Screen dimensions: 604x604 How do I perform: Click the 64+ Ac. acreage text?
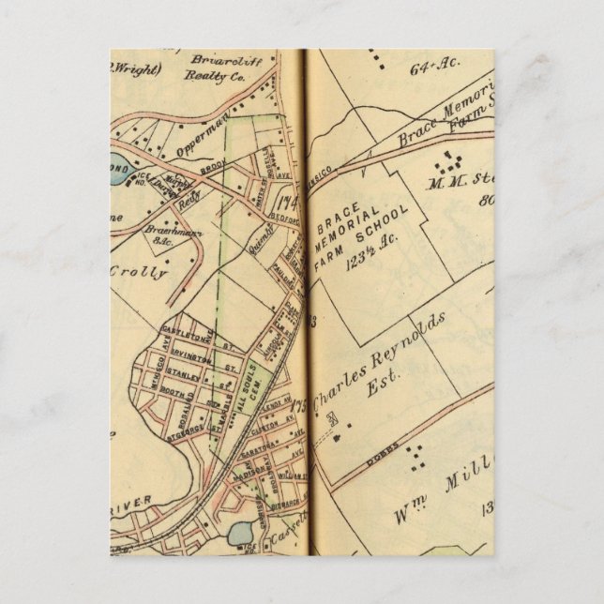point(431,68)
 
